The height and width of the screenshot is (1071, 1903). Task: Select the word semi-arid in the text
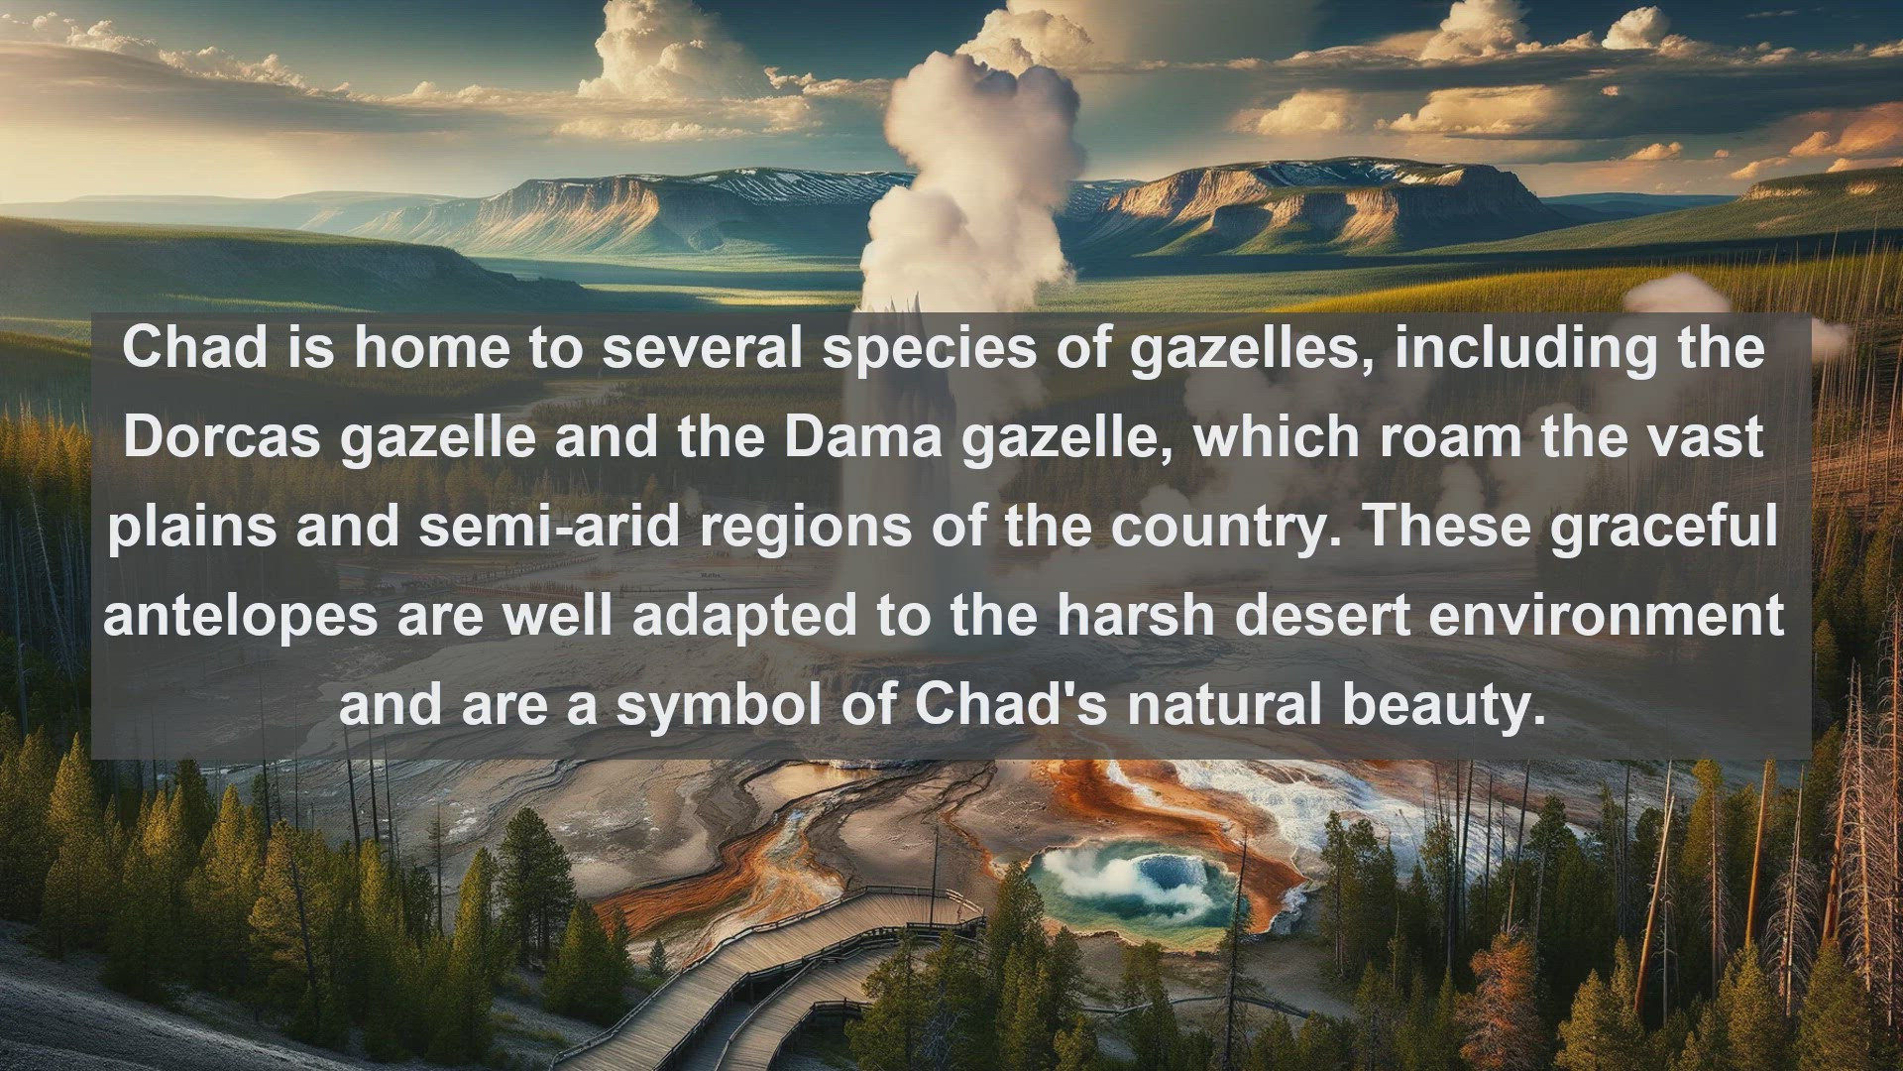point(550,526)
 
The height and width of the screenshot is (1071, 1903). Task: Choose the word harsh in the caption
point(1135,615)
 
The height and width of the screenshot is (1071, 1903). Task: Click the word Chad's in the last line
point(1012,704)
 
